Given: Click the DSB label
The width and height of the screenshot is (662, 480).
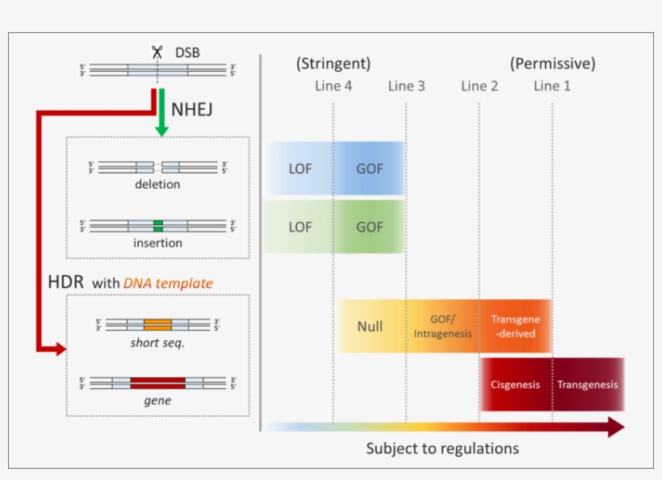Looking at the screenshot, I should point(186,53).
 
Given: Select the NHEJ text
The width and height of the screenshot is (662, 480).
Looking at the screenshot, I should point(192,109).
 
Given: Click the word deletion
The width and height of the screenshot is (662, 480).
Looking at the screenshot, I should point(157,184).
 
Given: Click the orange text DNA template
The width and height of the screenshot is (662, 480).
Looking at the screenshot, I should point(168,282).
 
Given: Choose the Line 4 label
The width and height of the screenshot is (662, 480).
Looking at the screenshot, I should point(333,86).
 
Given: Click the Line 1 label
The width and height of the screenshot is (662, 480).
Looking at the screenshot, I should point(552,86).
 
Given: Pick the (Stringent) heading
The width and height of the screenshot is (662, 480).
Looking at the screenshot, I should point(333,63).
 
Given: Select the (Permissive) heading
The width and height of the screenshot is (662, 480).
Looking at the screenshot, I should point(552,63).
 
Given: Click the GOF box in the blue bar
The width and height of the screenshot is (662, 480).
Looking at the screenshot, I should point(370,169).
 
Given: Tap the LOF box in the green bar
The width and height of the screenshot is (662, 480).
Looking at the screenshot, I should point(300,227).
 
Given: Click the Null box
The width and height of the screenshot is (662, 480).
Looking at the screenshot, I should point(370,327).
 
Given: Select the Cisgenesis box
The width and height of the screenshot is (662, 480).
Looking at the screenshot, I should point(515,384).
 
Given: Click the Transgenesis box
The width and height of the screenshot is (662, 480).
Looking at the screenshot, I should point(587,384).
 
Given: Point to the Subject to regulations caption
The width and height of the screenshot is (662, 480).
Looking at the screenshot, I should point(442,448).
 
